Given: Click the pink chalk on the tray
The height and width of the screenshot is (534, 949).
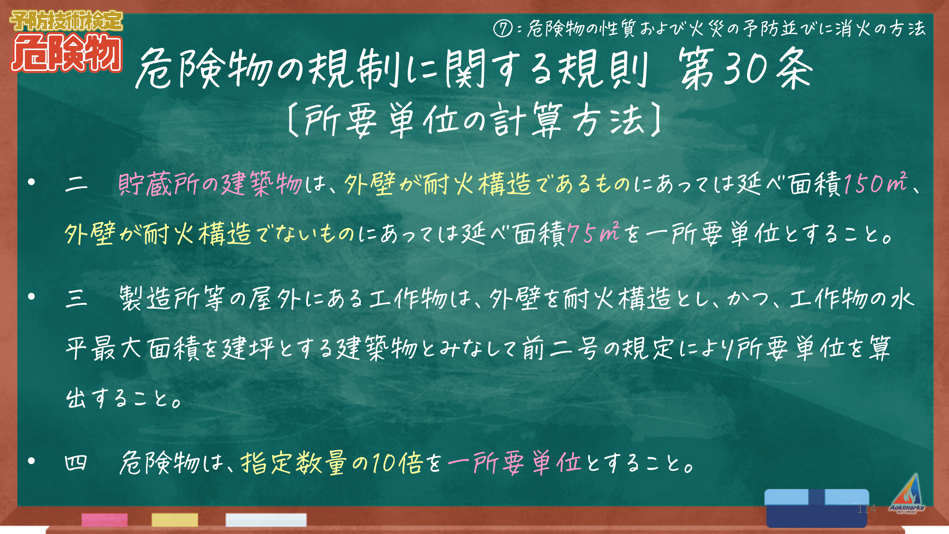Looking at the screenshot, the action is point(105,520).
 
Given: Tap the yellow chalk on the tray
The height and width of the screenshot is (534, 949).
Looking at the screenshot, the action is point(175,520).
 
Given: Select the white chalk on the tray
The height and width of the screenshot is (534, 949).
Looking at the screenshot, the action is point(266,520).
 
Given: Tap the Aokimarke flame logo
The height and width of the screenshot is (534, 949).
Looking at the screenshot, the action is point(907,493).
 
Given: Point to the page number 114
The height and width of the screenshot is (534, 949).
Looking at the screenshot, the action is point(866,509).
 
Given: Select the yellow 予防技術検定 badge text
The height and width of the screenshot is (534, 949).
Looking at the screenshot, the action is point(66,21).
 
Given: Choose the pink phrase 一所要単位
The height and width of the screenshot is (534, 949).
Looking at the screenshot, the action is point(515,463).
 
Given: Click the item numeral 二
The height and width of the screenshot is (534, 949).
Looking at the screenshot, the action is point(76,184).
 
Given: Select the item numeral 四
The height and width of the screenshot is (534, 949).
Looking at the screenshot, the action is point(76,463).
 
